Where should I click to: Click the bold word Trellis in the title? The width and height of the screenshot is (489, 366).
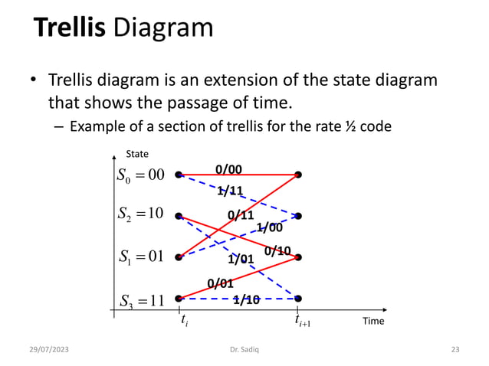[x=70, y=28]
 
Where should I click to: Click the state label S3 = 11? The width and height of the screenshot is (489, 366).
[x=140, y=299]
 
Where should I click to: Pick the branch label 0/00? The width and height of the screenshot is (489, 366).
[x=228, y=169]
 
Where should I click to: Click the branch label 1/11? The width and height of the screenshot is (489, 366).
[x=230, y=190]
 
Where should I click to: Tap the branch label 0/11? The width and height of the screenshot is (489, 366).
[x=241, y=215]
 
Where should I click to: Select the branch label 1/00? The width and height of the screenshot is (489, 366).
[x=268, y=227]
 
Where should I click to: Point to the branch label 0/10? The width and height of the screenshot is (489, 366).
[x=277, y=250]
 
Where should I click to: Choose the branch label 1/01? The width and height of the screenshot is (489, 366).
[x=241, y=259]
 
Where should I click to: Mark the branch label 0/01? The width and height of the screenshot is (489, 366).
[x=221, y=283]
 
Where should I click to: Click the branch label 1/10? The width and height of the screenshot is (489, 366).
[x=246, y=299]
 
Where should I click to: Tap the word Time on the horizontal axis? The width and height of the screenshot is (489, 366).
[x=373, y=321]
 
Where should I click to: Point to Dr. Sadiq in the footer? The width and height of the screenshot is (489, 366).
[x=244, y=350]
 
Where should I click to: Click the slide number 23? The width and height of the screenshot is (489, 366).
[x=455, y=350]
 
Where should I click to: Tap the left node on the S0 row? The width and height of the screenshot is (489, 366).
[x=179, y=175]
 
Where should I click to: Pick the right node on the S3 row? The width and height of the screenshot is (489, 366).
[x=298, y=298]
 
